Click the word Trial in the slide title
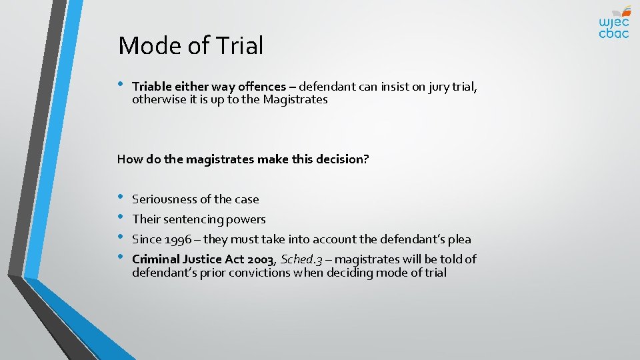pyautogui.click(x=239, y=46)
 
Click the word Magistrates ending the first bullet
pyautogui.click(x=295, y=99)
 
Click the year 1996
pyautogui.click(x=178, y=239)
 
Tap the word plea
pyautogui.click(x=459, y=239)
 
